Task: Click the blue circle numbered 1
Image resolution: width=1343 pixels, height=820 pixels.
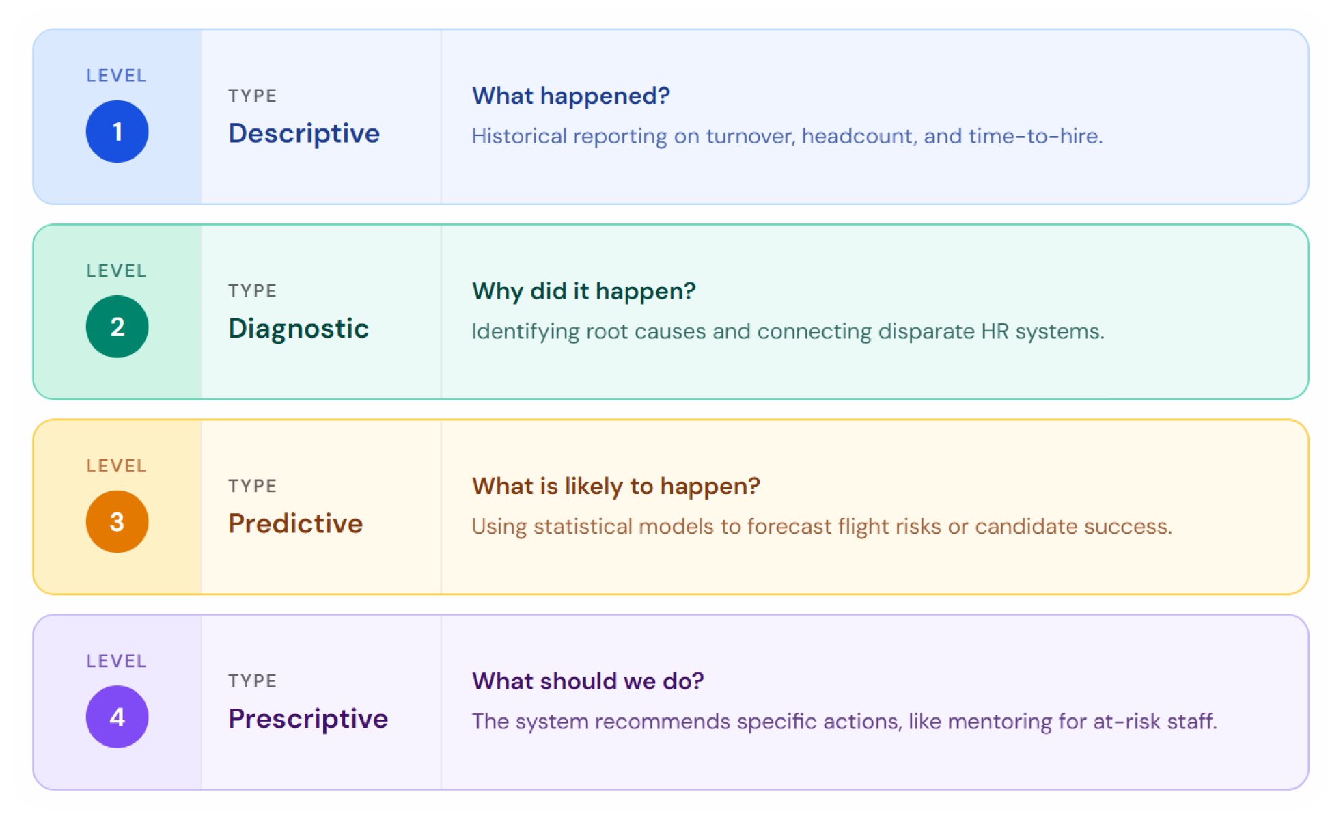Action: click(x=117, y=131)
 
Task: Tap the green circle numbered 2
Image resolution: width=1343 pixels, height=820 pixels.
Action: click(x=117, y=327)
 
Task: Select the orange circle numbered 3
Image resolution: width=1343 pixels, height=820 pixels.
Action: click(x=117, y=521)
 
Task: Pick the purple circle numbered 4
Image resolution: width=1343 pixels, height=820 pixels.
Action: click(x=117, y=717)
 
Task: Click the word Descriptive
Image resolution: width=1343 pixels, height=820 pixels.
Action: click(x=304, y=133)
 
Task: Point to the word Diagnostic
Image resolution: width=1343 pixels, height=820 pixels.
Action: click(x=299, y=329)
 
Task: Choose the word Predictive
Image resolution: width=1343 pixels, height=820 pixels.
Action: click(x=295, y=523)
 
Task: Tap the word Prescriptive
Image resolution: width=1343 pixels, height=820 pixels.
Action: click(x=308, y=719)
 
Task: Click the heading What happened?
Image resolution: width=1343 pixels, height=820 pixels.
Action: click(x=571, y=96)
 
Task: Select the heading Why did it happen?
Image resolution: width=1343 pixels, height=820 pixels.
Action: click(x=583, y=291)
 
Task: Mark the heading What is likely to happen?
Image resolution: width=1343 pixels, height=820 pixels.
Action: click(x=615, y=486)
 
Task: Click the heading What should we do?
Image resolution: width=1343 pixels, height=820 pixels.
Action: click(x=587, y=681)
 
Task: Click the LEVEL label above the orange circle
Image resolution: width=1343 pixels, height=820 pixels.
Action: click(x=117, y=466)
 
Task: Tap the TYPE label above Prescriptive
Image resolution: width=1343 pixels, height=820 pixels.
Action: click(x=252, y=681)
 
